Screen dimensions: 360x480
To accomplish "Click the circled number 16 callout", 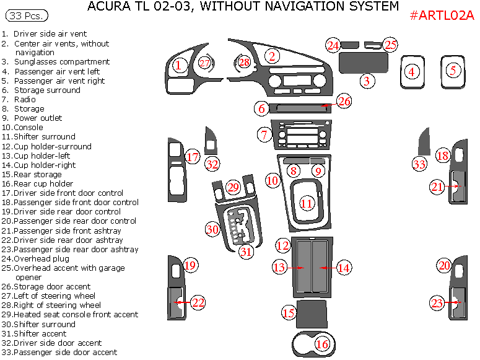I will click(x=322, y=344).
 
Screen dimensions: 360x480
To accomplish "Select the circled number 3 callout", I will click(x=367, y=81).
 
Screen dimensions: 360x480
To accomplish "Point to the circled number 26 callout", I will click(x=344, y=101).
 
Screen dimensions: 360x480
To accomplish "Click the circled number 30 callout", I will click(x=212, y=229).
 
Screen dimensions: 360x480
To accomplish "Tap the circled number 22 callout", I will click(x=198, y=302).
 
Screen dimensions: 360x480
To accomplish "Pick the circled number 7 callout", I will click(x=264, y=134).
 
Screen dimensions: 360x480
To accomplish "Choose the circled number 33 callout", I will click(x=420, y=164).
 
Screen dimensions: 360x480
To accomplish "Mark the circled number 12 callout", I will click(x=283, y=245).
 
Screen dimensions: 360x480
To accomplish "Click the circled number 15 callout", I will click(x=289, y=313).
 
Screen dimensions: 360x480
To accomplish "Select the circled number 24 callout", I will click(x=333, y=45).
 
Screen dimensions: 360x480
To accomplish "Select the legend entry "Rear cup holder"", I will click(x=43, y=183).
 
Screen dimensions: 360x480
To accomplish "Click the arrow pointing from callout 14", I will click(x=327, y=268).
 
